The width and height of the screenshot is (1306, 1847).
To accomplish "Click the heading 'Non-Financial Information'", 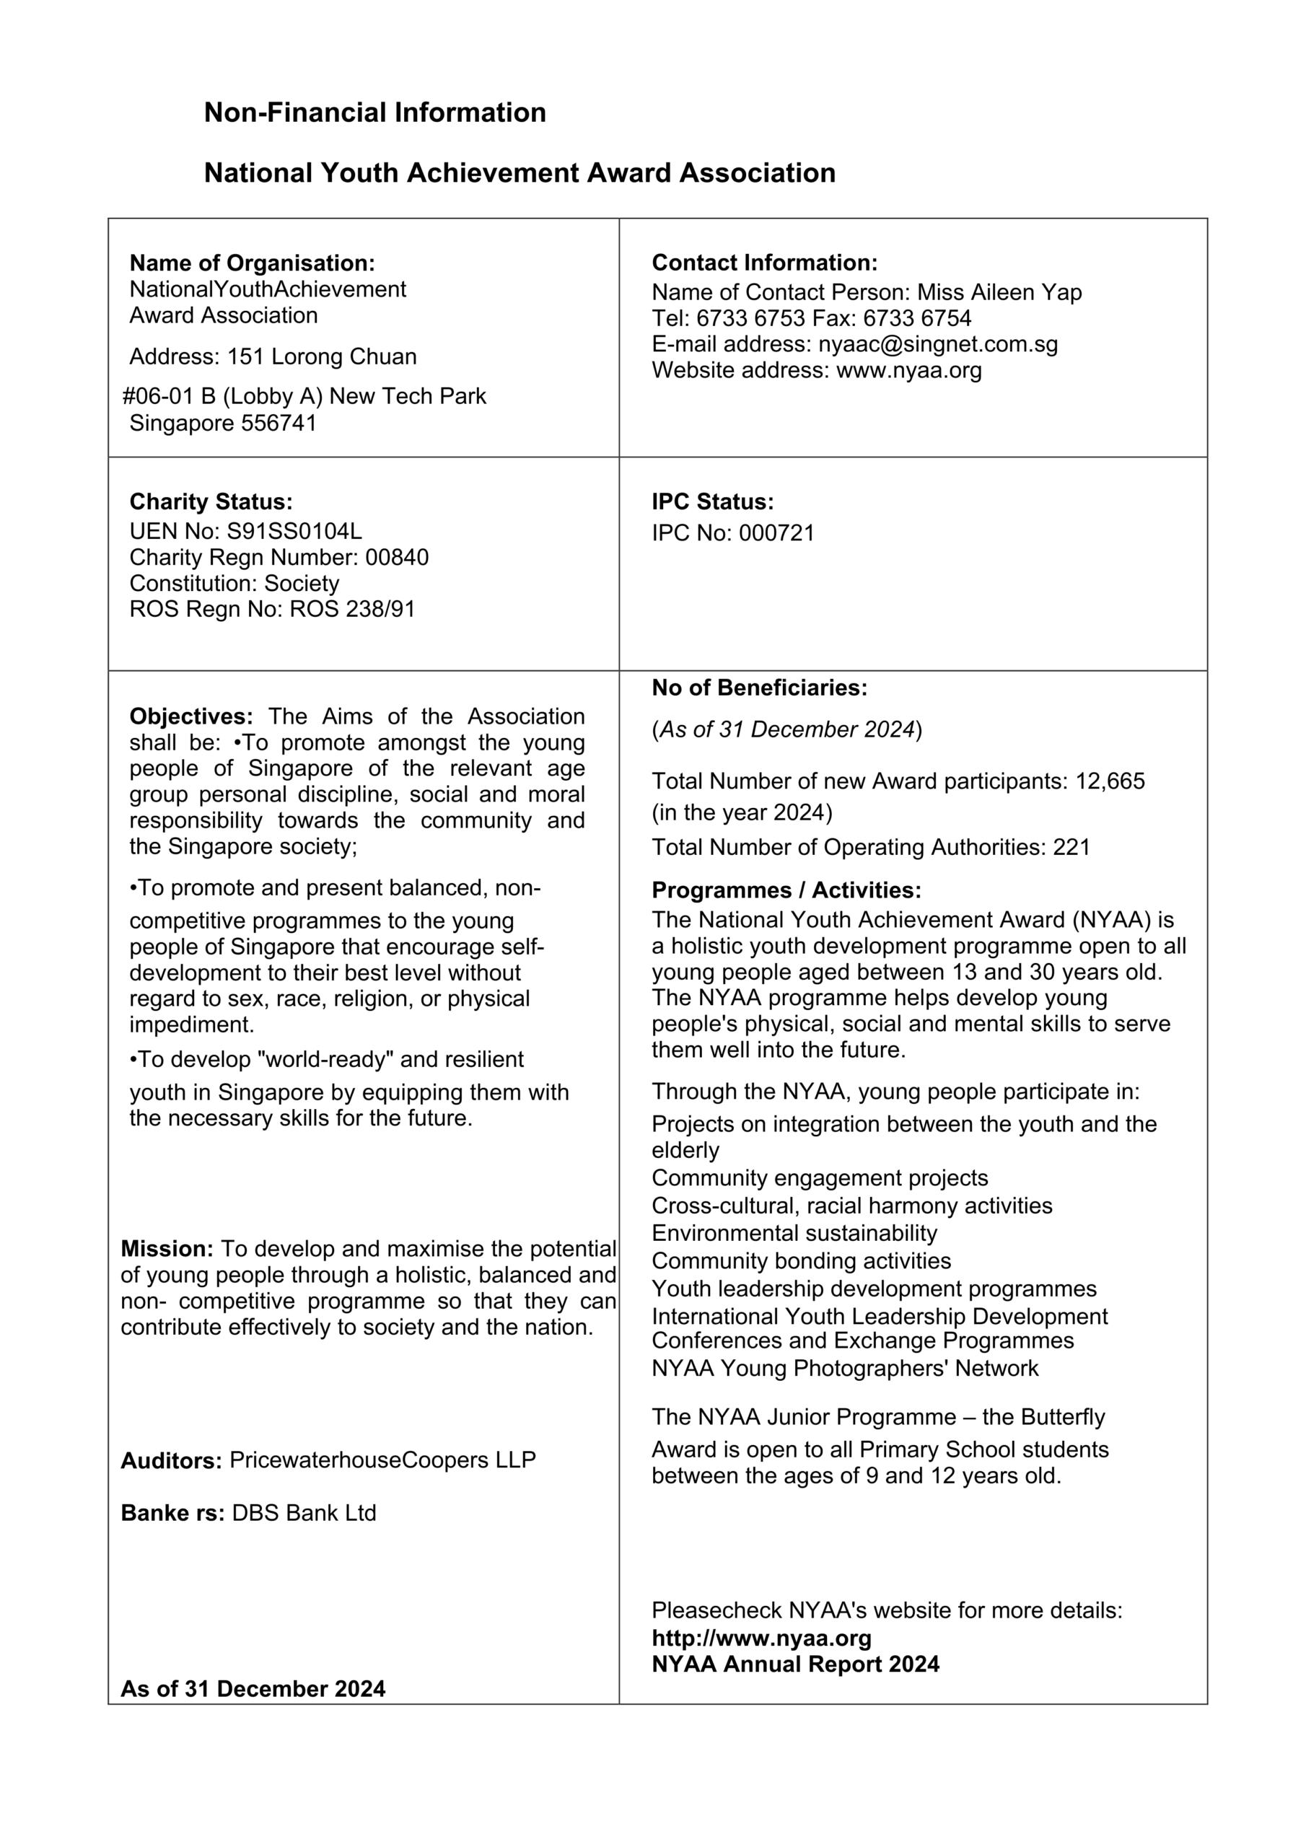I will [x=374, y=112].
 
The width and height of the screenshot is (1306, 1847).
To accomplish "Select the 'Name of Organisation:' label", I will [x=252, y=263].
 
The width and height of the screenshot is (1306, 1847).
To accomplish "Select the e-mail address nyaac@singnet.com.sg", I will [x=937, y=344].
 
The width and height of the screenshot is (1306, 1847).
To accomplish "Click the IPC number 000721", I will [x=776, y=532].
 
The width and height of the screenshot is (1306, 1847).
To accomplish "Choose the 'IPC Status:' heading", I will [x=712, y=502].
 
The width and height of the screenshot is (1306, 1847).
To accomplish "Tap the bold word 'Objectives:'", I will [x=190, y=716].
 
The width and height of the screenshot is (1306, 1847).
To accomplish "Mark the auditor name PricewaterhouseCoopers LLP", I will [x=382, y=1460].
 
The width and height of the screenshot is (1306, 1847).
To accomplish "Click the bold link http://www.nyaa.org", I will [x=761, y=1638].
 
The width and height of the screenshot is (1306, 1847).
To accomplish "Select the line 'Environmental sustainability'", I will [x=794, y=1233].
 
